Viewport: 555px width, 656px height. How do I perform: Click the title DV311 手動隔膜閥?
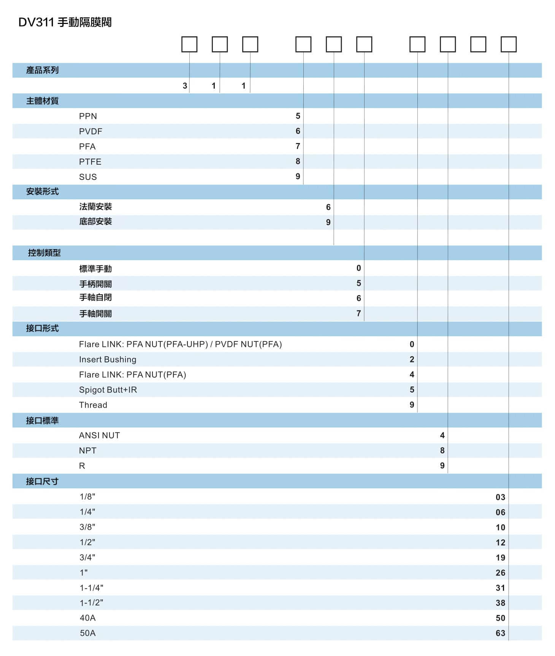(65, 22)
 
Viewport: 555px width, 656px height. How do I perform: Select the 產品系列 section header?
(42, 70)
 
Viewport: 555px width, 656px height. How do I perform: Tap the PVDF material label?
(90, 132)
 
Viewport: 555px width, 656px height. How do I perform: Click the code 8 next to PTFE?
(298, 162)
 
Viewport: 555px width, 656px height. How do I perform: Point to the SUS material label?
(88, 177)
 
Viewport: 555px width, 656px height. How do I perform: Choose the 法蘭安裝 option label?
(95, 207)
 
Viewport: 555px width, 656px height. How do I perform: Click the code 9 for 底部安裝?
(328, 222)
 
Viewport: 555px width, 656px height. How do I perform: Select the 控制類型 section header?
(44, 253)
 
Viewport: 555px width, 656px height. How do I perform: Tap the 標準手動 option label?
(95, 269)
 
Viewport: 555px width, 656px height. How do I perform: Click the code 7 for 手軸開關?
(358, 313)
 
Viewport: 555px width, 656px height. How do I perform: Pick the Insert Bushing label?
(108, 360)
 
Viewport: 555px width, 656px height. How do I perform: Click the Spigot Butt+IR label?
(108, 390)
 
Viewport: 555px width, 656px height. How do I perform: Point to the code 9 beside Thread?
(412, 405)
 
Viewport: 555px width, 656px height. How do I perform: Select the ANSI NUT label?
(99, 436)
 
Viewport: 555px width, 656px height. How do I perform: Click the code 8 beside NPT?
(442, 451)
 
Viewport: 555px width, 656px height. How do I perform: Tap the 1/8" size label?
(87, 497)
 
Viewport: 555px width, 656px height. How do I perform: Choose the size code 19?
(500, 558)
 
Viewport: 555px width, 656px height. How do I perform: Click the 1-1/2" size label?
(91, 603)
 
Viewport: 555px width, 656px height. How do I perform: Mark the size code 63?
(500, 633)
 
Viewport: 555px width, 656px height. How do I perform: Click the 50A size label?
(88, 633)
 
